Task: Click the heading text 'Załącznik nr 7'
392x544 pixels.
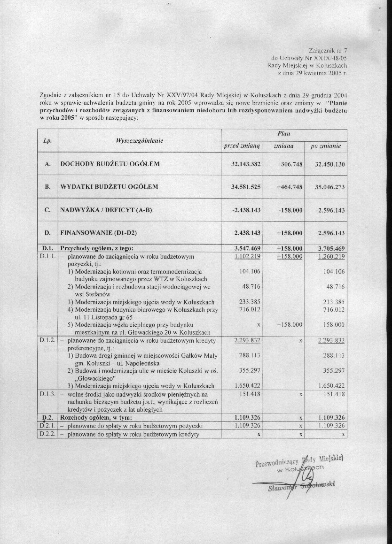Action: point(329,50)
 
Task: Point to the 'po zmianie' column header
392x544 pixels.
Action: point(326,146)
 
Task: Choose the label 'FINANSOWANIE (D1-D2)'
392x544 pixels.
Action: point(100,233)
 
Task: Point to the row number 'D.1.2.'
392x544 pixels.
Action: point(47,340)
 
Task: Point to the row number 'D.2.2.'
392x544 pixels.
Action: point(47,434)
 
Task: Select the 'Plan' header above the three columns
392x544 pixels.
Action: point(284,134)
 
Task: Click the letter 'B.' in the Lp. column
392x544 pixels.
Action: point(47,187)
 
